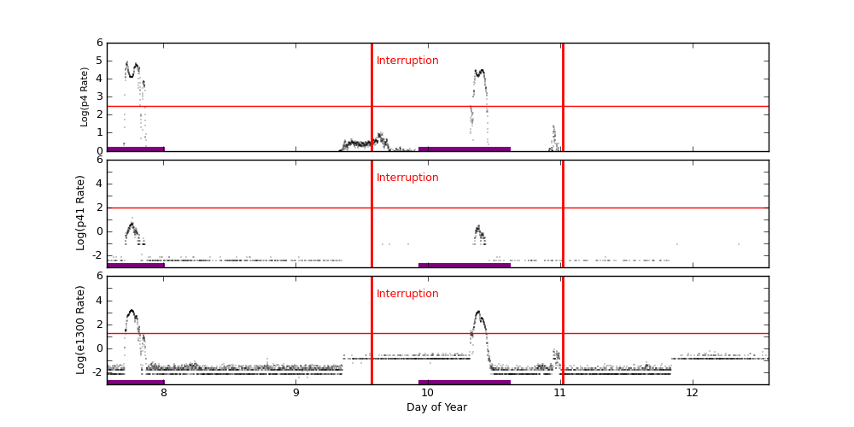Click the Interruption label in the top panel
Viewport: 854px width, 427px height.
click(407, 61)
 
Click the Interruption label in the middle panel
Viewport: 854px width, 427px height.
click(407, 178)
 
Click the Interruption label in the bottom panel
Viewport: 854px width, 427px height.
click(407, 294)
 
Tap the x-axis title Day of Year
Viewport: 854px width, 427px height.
click(436, 407)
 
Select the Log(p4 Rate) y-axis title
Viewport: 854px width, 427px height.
click(85, 97)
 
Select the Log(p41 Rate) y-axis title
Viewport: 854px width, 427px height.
click(81, 213)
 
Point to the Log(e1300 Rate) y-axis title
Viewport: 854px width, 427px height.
click(81, 330)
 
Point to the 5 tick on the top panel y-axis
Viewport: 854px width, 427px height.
click(99, 61)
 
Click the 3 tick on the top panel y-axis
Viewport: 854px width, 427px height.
click(99, 97)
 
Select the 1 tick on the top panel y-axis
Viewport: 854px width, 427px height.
click(99, 132)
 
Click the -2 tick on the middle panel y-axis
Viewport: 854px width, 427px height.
click(97, 254)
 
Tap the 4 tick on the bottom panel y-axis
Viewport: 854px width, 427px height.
click(99, 300)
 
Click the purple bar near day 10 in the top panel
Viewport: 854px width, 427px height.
click(465, 149)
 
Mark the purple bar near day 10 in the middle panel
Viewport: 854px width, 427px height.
click(465, 265)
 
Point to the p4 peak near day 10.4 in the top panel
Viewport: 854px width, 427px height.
click(480, 72)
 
